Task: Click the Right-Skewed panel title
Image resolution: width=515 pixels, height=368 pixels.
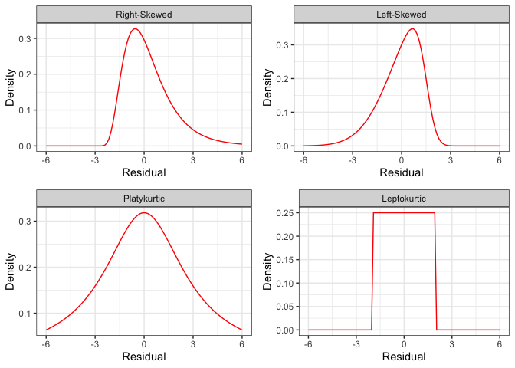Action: [x=144, y=15]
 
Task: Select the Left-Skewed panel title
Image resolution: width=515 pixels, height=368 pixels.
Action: [x=402, y=15]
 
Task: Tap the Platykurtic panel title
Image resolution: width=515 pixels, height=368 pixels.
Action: [x=144, y=199]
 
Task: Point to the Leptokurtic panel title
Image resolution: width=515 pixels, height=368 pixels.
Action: [x=404, y=199]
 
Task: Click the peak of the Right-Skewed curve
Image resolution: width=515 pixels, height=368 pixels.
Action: [x=135, y=29]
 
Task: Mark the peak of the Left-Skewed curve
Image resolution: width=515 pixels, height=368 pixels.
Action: [x=412, y=29]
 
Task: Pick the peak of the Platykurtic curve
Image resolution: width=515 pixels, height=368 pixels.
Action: [x=144, y=213]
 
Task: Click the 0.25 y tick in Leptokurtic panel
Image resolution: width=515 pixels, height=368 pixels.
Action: [x=283, y=213]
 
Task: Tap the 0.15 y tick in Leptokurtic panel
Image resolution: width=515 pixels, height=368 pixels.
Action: [x=283, y=260]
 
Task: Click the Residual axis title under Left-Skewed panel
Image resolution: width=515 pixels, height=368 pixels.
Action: [x=402, y=172]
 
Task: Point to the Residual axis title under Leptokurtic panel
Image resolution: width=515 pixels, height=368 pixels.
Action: [x=404, y=356]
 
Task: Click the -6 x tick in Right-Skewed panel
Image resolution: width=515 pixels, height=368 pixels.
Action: [x=46, y=159]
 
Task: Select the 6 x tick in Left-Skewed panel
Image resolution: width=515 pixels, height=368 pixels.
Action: [x=499, y=159]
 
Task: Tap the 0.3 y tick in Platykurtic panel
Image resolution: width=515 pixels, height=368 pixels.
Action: [x=27, y=221]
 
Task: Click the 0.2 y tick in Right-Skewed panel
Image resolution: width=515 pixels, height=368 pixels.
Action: [x=27, y=74]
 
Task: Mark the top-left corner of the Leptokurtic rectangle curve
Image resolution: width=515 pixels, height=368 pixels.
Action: [x=373, y=213]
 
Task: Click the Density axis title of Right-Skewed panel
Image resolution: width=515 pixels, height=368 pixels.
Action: [x=11, y=87]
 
